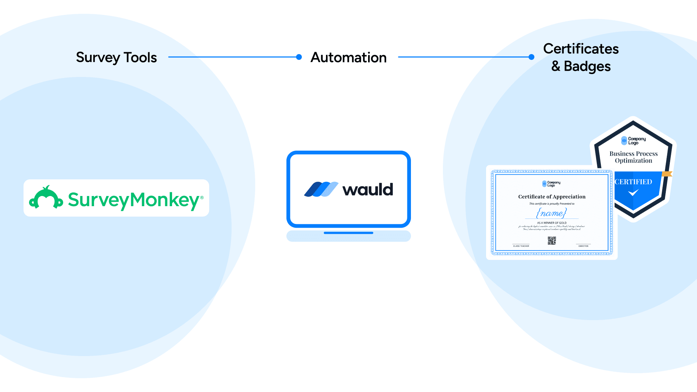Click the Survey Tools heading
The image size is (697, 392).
point(116,57)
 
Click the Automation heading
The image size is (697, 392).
point(348,57)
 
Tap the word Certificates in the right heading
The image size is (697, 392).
point(581,49)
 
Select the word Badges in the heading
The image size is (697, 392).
point(587,66)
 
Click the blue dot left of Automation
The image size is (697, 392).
point(299,57)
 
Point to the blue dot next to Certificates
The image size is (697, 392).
point(531,57)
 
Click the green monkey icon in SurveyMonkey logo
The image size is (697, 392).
point(46,198)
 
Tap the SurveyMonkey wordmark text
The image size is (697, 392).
point(134,200)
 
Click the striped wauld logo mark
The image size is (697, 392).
point(321,189)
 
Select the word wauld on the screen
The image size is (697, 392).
point(368,189)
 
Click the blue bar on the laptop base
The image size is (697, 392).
point(348,233)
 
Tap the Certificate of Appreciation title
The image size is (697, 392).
point(552,197)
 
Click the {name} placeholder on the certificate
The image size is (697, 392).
point(551,213)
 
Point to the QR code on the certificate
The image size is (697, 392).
point(552,240)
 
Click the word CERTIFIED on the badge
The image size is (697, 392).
point(633,182)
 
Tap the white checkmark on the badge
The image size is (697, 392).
point(633,193)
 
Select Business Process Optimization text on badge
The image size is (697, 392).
point(633,157)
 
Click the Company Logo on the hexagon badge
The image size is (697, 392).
point(633,140)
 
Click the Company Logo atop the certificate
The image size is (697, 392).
point(551,184)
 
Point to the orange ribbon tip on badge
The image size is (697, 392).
point(667,174)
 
